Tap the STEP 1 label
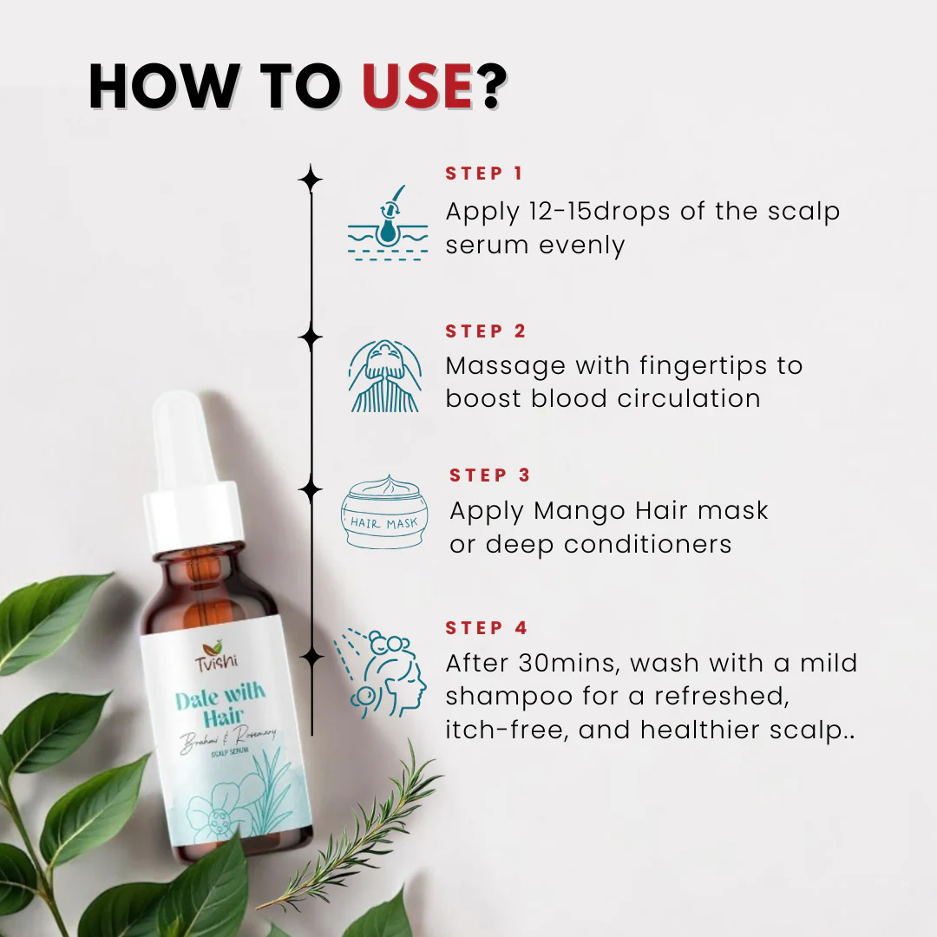click(x=484, y=174)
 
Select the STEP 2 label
click(x=486, y=331)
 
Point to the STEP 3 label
click(x=490, y=475)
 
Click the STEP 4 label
click(x=487, y=628)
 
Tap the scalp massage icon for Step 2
click(x=384, y=376)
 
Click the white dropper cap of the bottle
click(x=193, y=486)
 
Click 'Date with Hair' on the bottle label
click(x=220, y=707)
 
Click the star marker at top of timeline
click(x=311, y=179)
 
